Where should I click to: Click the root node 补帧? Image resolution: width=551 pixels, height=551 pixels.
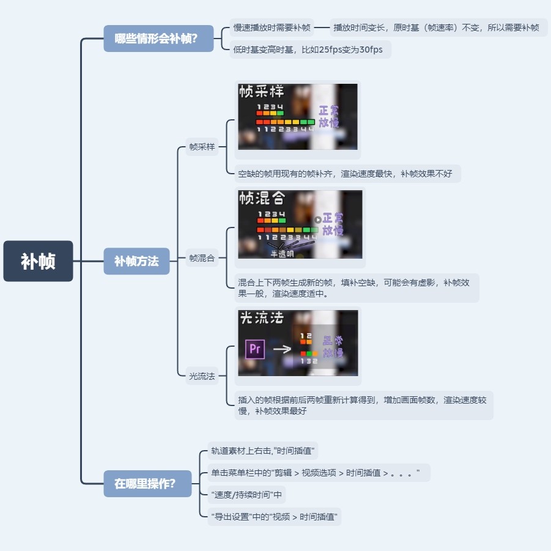coord(38,261)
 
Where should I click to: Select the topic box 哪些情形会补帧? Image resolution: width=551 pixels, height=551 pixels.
coord(158,39)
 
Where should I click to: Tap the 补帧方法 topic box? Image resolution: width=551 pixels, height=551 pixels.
coord(136,261)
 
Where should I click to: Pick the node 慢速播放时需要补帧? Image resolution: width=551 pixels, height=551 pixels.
coord(272,28)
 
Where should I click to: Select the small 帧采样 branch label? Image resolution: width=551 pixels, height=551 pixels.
coord(202,147)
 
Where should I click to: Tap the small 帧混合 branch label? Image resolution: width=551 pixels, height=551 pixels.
coord(202,258)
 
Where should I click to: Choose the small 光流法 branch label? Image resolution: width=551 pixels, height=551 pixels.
coord(202,376)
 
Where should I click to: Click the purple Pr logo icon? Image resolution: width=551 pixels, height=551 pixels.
coord(254,349)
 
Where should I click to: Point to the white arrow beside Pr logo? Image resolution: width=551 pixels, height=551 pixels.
coord(281,349)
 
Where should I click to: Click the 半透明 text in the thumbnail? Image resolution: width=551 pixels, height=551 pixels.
coord(282,253)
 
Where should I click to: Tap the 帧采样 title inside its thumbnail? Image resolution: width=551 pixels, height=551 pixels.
coord(262,92)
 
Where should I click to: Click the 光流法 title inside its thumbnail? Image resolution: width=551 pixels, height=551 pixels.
coord(262,318)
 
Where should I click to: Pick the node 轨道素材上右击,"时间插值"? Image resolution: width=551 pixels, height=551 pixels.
coord(262,451)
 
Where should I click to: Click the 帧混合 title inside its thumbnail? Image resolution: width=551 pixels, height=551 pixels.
coord(262,199)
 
